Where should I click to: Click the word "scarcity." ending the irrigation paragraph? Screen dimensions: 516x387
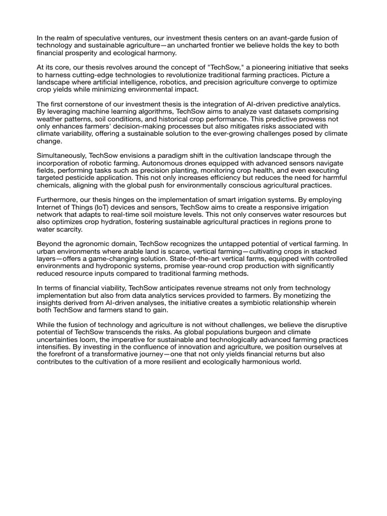coord(68,229)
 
